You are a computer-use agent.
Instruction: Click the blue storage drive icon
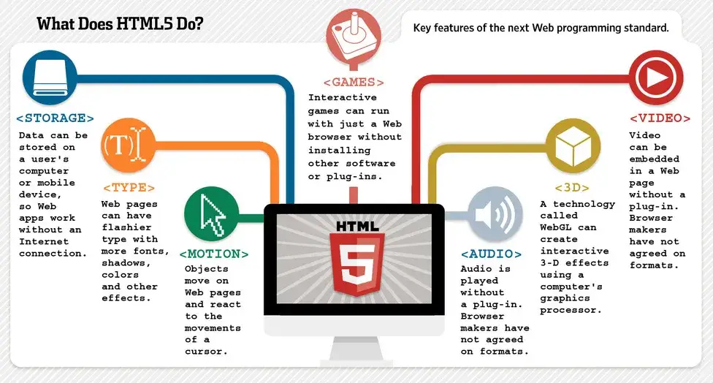50,77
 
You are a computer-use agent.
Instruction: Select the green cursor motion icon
212,212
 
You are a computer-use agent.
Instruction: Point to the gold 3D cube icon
573,145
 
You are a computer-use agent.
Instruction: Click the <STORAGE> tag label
56,118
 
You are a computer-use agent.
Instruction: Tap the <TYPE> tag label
129,187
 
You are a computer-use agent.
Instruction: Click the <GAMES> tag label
354,83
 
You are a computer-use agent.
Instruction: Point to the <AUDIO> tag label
491,254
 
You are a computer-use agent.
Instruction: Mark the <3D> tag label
572,187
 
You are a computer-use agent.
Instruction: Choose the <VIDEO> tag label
660,118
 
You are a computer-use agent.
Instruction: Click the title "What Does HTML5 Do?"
120,24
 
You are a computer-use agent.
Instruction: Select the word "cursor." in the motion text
207,352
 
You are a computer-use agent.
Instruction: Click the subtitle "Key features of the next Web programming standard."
541,29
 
